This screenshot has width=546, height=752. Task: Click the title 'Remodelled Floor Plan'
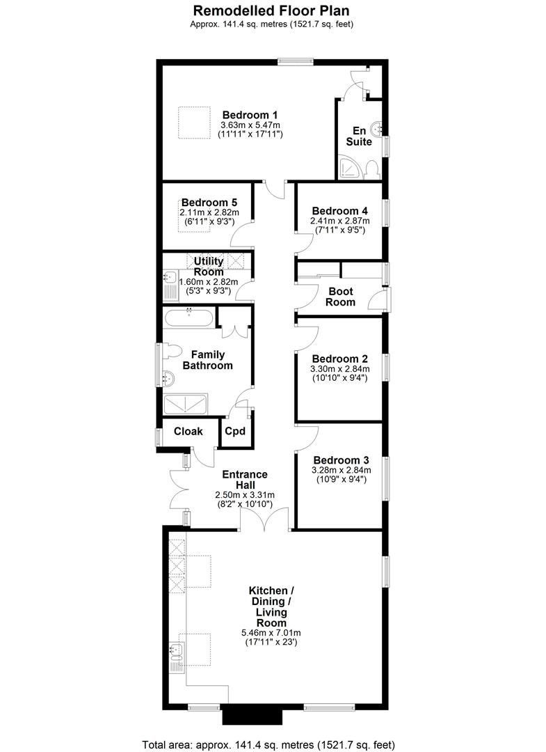tap(271, 10)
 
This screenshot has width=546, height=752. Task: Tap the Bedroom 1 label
tap(250, 115)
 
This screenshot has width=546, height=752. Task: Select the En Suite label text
tap(360, 136)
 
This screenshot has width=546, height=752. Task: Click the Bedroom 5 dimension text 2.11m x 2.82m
tap(209, 212)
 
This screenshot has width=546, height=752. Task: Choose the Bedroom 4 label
tap(339, 211)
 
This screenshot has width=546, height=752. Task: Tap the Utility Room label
tap(209, 266)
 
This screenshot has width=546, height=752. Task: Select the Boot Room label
tap(340, 297)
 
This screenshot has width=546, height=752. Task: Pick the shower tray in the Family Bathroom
tap(186, 405)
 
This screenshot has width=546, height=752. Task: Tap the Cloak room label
tap(188, 432)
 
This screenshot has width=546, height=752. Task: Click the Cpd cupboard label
tap(235, 432)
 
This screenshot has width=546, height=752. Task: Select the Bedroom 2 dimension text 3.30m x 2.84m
tap(339, 369)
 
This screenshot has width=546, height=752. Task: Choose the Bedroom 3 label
tap(341, 460)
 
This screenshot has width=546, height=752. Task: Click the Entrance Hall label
tap(244, 480)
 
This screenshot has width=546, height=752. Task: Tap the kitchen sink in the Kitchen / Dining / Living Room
tap(175, 652)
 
